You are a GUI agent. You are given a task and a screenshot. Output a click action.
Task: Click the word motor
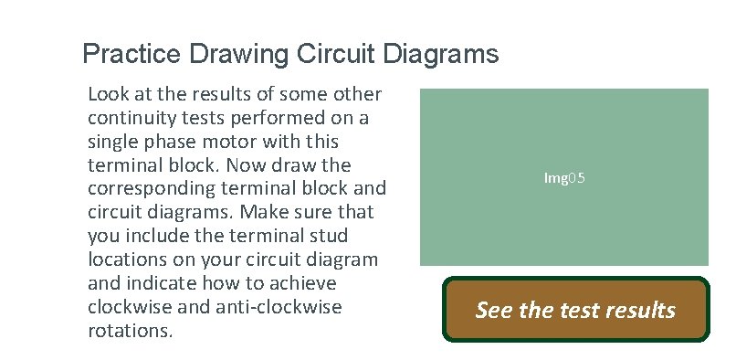point(237,142)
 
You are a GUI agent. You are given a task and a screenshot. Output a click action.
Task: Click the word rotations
point(130,331)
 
